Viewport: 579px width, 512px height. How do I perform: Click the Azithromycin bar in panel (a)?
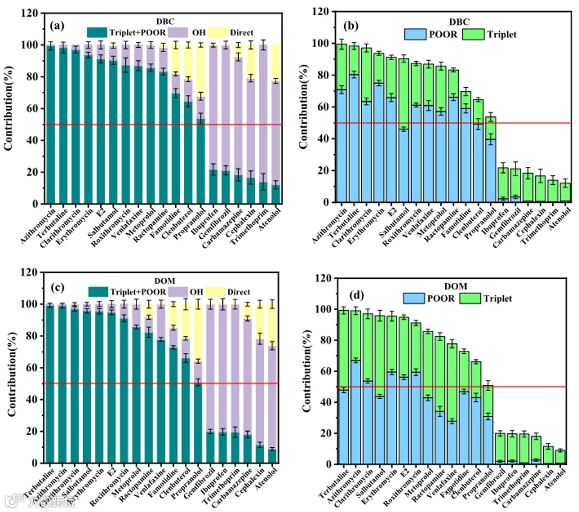click(x=51, y=124)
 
